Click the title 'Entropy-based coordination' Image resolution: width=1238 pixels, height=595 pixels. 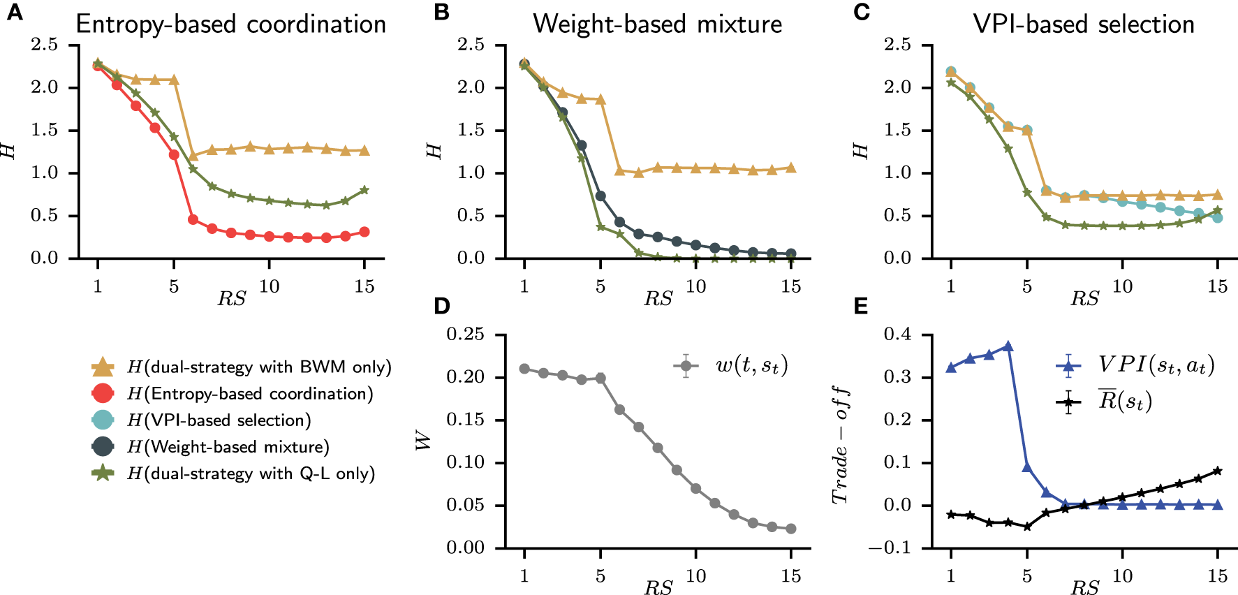(230, 24)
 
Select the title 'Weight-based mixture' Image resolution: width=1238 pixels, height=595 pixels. (657, 24)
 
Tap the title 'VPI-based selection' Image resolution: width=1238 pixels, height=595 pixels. (1084, 24)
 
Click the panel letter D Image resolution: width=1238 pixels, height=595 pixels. (441, 307)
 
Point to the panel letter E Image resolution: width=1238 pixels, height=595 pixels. (861, 307)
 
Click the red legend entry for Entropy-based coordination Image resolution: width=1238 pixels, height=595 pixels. (250, 394)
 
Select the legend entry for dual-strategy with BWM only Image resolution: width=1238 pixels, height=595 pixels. (258, 367)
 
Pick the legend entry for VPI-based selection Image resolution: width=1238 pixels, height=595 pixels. (219, 420)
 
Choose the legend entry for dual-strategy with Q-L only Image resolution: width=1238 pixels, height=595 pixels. (251, 473)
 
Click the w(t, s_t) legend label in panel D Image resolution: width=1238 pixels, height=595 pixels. (751, 365)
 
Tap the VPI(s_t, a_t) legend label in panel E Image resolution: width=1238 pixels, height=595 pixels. (1156, 365)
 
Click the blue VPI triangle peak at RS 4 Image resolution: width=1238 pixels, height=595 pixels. (1008, 346)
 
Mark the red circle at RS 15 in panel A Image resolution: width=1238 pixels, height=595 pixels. (364, 232)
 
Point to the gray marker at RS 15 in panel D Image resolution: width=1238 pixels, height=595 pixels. (790, 529)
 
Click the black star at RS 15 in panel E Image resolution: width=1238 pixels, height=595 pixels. (1218, 471)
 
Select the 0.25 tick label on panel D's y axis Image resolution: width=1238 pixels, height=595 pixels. (465, 335)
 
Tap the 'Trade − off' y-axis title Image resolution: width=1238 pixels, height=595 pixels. (840, 445)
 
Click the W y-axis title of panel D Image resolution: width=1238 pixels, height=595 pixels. (422, 440)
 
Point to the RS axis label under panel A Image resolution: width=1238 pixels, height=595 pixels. (231, 299)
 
